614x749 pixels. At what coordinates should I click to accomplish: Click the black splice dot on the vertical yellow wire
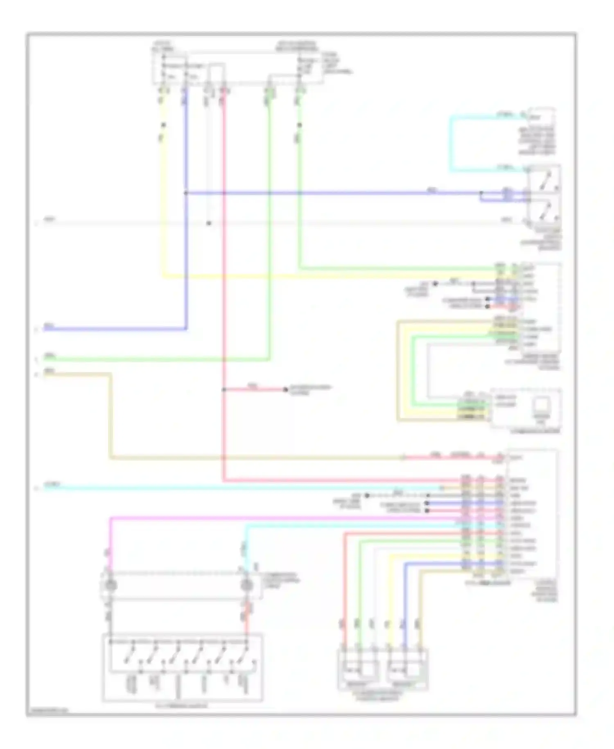click(x=163, y=125)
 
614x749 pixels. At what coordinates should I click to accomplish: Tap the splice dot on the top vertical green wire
click(x=300, y=125)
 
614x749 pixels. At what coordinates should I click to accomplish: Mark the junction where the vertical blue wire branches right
click(x=186, y=193)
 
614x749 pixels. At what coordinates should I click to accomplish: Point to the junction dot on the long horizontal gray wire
click(x=209, y=223)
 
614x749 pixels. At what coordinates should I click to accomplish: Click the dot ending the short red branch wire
click(x=286, y=389)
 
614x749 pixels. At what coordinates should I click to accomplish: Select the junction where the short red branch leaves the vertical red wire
click(x=224, y=389)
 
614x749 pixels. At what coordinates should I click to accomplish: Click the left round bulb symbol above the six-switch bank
click(x=111, y=585)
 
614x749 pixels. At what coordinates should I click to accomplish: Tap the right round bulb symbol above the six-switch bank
click(x=246, y=585)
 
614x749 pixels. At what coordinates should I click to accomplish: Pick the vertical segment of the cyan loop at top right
click(x=451, y=143)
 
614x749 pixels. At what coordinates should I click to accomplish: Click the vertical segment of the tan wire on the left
click(x=110, y=414)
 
